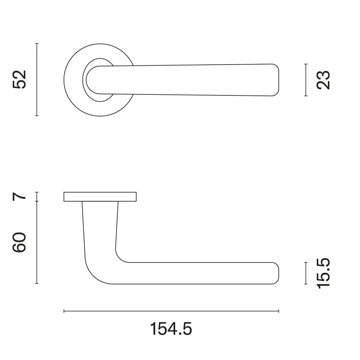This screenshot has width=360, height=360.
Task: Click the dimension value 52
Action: click(19, 80)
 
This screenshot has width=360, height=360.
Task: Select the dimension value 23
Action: click(323, 80)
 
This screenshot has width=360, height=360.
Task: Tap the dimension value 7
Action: click(19, 196)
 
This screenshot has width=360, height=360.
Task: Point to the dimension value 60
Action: click(19, 242)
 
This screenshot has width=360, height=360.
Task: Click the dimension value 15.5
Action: click(323, 273)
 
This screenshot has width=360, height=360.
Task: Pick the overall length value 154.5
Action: click(171, 329)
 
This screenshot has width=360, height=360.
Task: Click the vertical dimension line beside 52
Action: click(37, 80)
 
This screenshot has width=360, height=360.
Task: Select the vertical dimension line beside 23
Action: click(306, 80)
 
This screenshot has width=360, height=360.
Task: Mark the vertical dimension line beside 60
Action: click(37, 242)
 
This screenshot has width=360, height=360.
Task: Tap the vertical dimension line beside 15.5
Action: click(306, 273)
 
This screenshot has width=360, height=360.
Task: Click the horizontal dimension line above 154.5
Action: click(171, 311)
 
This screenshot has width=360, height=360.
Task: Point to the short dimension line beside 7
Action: click(37, 197)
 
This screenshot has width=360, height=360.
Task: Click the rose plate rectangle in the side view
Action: click(100, 197)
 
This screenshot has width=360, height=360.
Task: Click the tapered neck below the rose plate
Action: click(100, 224)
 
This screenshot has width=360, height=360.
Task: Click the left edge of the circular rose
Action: click(64, 80)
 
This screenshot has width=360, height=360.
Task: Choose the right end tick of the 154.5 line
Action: click(279, 311)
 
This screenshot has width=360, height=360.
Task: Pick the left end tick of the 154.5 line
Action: click(64, 311)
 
